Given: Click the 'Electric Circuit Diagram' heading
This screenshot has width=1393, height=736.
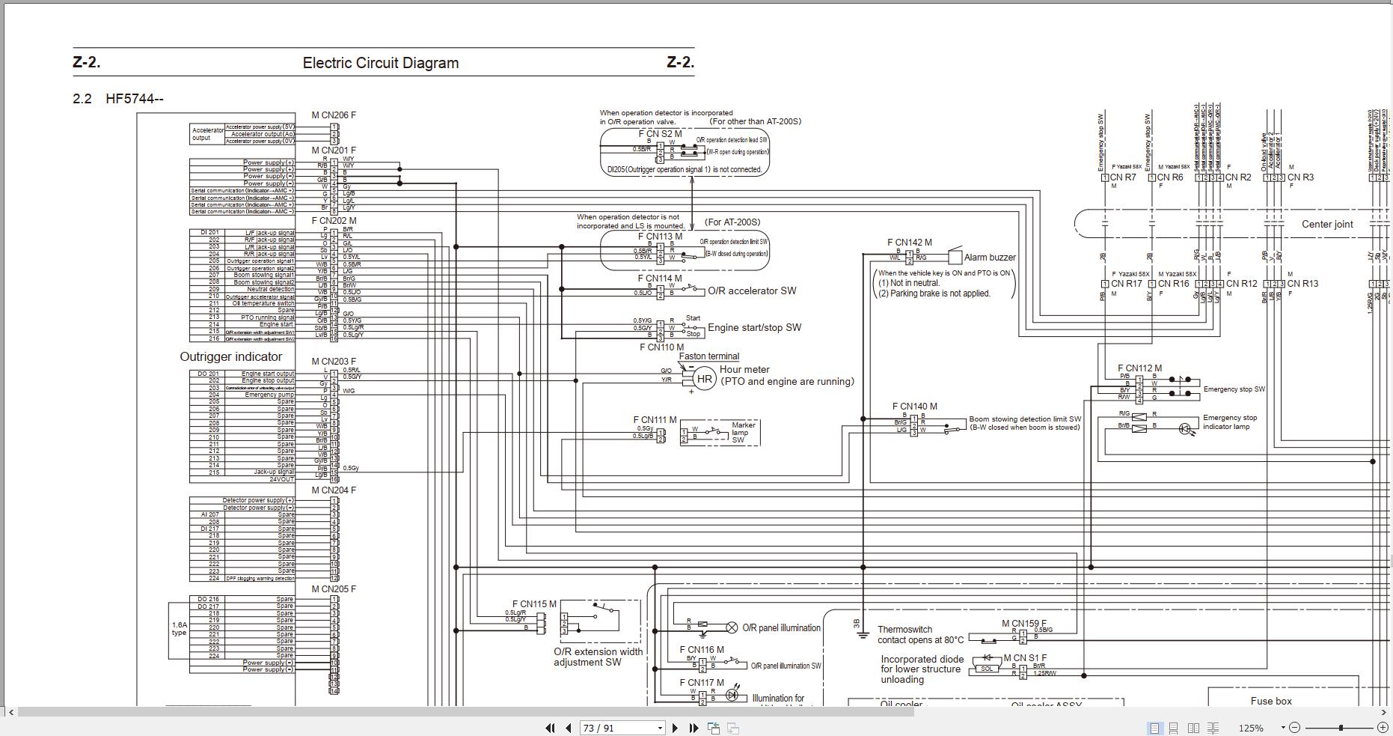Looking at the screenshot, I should [380, 63].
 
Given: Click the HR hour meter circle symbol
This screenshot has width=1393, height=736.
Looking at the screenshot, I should [704, 379].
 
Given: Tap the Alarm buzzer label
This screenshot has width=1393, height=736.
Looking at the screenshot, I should [990, 258].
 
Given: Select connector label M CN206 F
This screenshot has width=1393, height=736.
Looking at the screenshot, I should [334, 115].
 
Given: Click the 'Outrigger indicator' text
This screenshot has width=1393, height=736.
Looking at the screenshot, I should [230, 357].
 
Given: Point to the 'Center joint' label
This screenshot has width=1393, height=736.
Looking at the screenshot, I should [1327, 224].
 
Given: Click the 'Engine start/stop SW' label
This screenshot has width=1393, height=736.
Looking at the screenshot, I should [754, 327].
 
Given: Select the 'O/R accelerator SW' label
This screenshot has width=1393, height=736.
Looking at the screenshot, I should [752, 291].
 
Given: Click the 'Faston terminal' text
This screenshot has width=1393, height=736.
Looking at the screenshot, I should [708, 356].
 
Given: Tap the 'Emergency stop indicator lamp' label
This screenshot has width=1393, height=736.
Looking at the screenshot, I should [1229, 422].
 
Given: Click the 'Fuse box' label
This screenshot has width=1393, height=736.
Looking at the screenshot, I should [1271, 701].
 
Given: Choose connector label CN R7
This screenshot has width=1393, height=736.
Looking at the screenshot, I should [1123, 177].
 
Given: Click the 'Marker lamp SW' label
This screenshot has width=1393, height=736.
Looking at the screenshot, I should [743, 432].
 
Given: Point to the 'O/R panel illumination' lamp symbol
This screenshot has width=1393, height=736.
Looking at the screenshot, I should [732, 627].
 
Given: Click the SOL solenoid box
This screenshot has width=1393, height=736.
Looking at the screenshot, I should [987, 669].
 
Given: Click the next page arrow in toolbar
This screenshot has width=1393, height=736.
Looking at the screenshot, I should [675, 728].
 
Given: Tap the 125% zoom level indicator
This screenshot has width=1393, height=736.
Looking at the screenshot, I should [1250, 728].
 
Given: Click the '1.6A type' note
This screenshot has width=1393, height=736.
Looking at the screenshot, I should [179, 629].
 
